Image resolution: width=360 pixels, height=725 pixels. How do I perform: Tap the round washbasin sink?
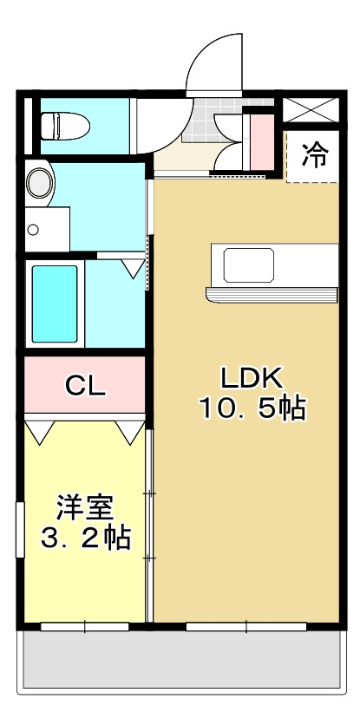(39, 183)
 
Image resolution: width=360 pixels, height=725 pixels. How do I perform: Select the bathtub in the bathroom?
(55, 304)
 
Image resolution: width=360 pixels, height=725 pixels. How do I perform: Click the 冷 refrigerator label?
(315, 157)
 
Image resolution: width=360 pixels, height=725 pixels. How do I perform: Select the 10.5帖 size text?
(252, 408)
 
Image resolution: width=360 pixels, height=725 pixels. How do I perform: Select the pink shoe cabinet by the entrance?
(260, 139)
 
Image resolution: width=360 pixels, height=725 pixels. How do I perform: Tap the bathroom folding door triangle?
(133, 267)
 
